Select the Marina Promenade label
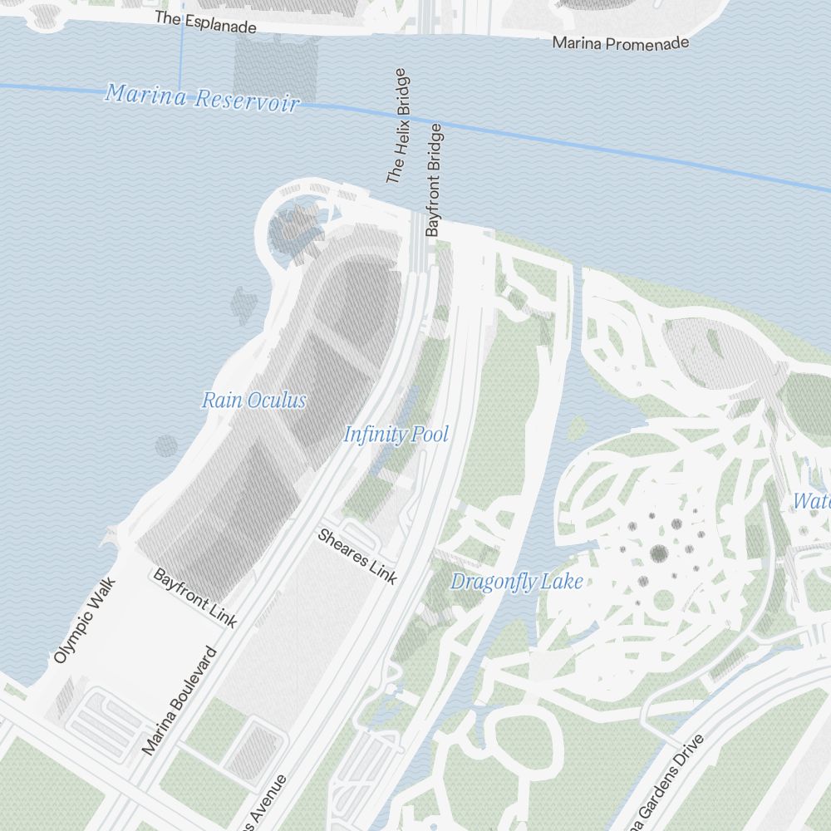click(x=621, y=42)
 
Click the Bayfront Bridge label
click(x=434, y=179)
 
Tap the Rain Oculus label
click(x=253, y=401)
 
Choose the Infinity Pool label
click(x=396, y=434)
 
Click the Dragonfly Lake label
click(x=516, y=582)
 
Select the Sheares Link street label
click(x=357, y=556)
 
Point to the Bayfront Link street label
click(x=195, y=597)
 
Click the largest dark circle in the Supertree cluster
click(x=660, y=553)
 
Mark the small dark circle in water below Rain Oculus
click(x=166, y=445)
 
